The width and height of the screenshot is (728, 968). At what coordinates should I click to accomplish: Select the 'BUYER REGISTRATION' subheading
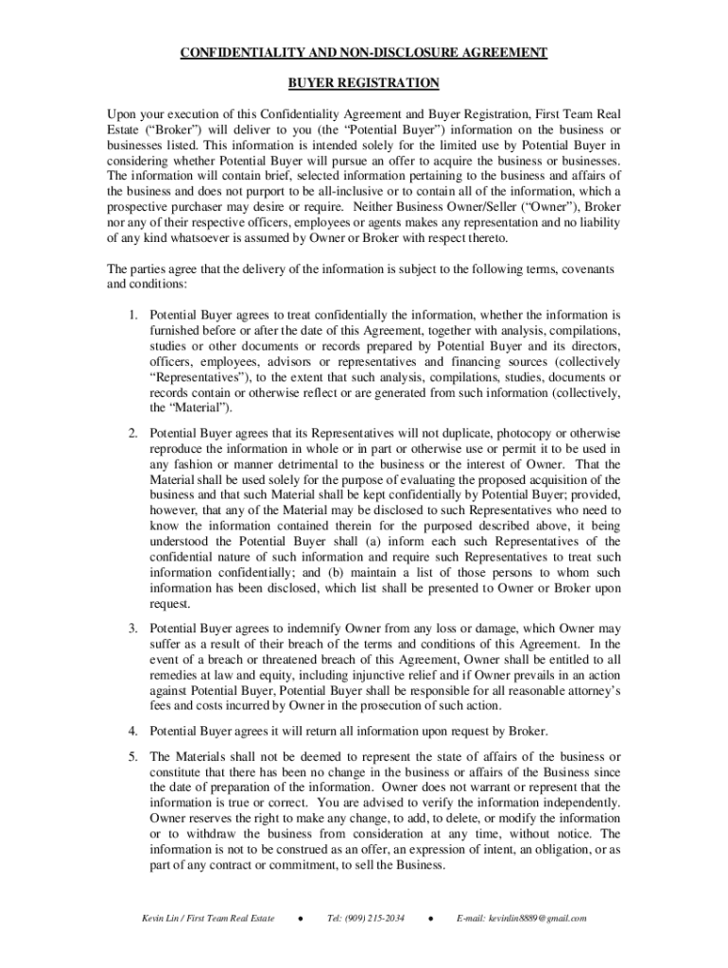(364, 83)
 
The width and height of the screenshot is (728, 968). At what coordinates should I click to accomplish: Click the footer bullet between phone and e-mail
(430, 918)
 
